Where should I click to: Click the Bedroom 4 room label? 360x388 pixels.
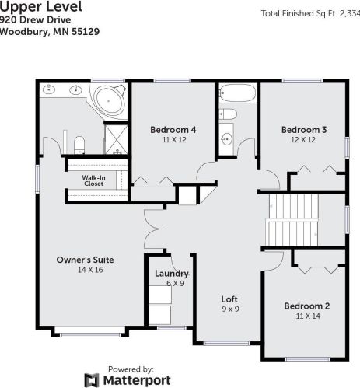[x=173, y=129]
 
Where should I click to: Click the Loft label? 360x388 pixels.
[x=229, y=299]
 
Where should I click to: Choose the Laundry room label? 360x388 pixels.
[x=171, y=274]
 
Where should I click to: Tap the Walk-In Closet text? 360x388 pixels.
[x=93, y=180]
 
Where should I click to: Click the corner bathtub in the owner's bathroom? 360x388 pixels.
[x=107, y=100]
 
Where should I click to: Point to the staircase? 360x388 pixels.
[x=292, y=219]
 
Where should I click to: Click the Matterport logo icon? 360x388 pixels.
[x=91, y=379]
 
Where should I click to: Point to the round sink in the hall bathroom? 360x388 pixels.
[x=226, y=138]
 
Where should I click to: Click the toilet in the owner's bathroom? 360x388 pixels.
[x=79, y=144]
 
